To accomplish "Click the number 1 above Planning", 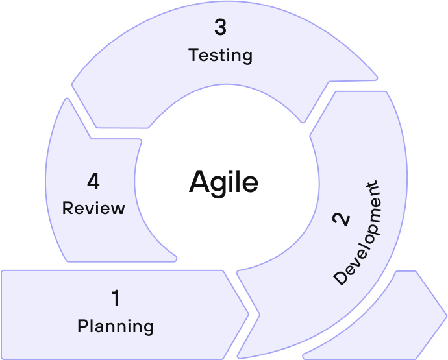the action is click(x=116, y=298).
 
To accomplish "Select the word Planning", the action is click(x=116, y=326).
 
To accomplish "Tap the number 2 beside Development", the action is click(x=341, y=219).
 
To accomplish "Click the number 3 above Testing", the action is click(x=221, y=27).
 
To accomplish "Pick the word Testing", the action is click(x=220, y=55).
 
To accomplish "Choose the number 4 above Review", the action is click(x=93, y=181).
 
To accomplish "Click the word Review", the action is click(x=93, y=208).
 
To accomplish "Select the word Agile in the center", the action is click(x=223, y=184).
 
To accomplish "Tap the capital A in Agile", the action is click(x=200, y=182).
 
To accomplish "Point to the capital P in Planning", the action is click(x=82, y=326).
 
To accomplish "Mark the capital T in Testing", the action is click(x=193, y=54).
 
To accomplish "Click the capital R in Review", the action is click(x=68, y=208).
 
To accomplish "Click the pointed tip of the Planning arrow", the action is click(x=249, y=315).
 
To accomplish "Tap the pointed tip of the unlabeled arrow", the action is click(x=447, y=315).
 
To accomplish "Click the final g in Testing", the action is click(x=247, y=58).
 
